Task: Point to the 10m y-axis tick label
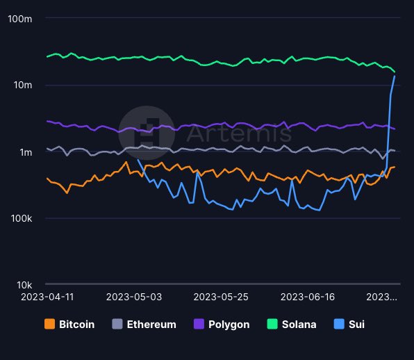(x=22, y=85)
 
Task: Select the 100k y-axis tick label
(x=20, y=218)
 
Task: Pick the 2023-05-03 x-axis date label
(x=133, y=296)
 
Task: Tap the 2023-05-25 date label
(x=220, y=296)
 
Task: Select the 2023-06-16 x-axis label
(x=307, y=296)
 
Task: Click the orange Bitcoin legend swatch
(x=49, y=324)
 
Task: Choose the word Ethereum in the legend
(x=151, y=324)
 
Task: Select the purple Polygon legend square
(x=198, y=324)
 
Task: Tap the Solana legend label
(x=299, y=324)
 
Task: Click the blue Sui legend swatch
(x=338, y=324)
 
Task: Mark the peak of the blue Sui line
(x=395, y=76)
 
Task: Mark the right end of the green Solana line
(x=395, y=72)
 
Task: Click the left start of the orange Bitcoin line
(x=47, y=179)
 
